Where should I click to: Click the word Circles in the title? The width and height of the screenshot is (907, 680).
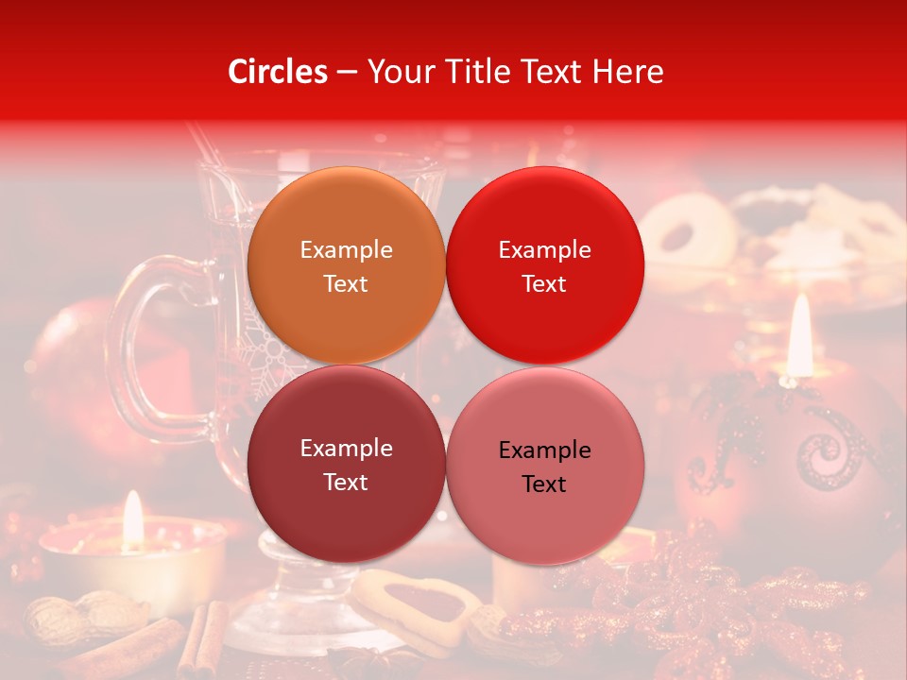click(278, 72)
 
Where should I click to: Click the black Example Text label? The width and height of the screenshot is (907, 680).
click(544, 467)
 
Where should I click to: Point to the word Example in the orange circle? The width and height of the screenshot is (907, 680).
click(346, 250)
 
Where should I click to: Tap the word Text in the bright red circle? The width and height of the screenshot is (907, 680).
click(544, 284)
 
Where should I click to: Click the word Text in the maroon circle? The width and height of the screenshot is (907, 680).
click(346, 483)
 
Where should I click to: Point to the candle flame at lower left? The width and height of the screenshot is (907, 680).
click(133, 519)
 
